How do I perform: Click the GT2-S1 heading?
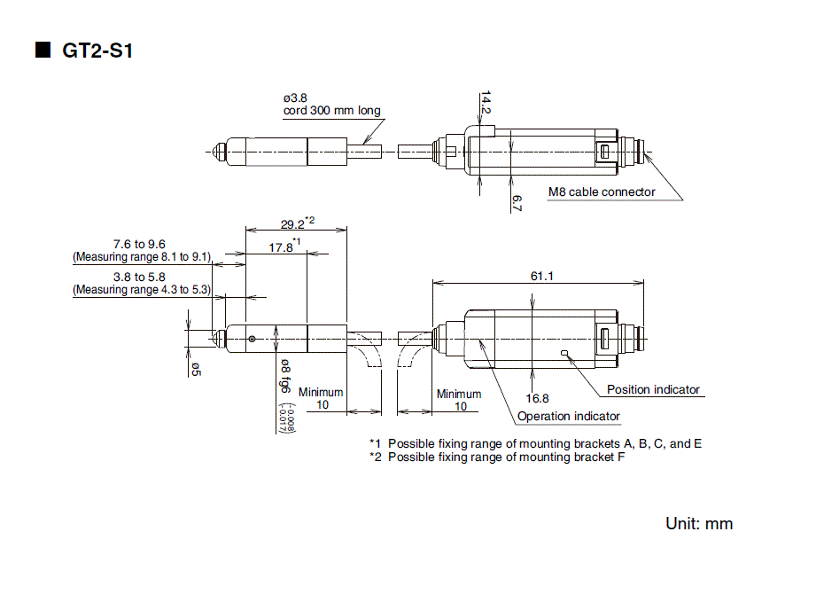pos(97,51)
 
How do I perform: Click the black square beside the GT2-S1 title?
pos(43,50)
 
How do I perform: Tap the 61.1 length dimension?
pos(542,276)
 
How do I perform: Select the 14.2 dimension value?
pos(486,103)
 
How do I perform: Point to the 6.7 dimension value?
pos(517,201)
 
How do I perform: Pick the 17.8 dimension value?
pos(282,247)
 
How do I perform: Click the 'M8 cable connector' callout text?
pos(602,192)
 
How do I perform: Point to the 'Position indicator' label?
pos(653,389)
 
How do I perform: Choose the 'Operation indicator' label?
pos(569,416)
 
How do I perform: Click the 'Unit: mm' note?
pos(699,523)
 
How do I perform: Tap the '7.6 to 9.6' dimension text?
pos(140,244)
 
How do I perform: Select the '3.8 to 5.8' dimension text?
pos(140,277)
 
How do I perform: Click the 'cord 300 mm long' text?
pos(332,111)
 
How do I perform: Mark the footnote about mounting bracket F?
pos(496,457)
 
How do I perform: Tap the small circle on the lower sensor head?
pos(253,339)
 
